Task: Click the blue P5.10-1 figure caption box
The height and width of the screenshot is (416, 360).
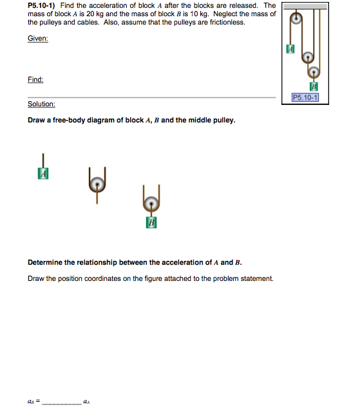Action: pos(305,98)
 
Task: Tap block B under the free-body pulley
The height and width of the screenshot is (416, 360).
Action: pos(151,223)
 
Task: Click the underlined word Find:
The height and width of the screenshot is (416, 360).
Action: pos(35,79)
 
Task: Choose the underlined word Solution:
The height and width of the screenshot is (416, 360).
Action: pos(41,104)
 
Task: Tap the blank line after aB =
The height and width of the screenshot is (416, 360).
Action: pos(62,403)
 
